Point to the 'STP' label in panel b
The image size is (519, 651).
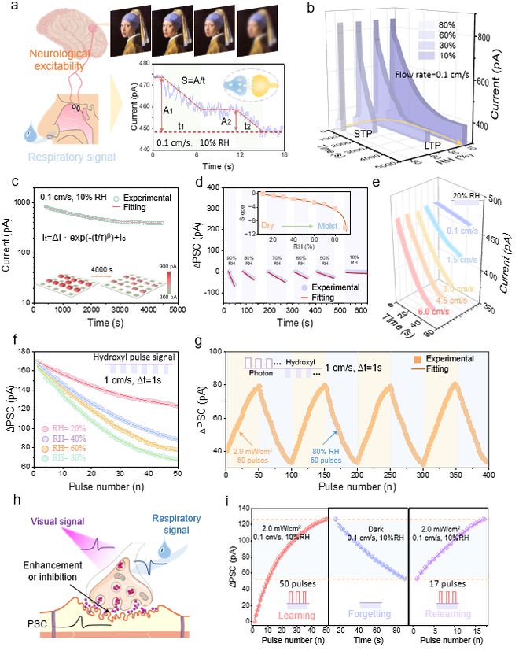point(363,135)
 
